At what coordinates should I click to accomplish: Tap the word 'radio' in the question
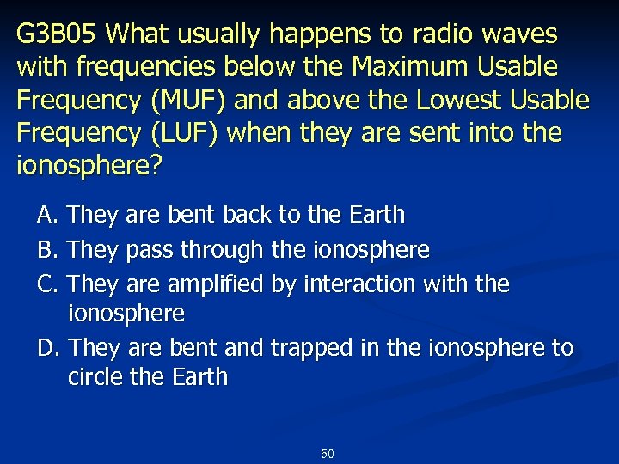click(x=465, y=34)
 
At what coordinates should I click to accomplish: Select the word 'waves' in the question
click(x=527, y=34)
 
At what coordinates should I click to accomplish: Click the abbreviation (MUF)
click(x=189, y=101)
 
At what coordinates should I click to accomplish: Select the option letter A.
click(x=46, y=213)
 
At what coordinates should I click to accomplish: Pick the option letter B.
click(x=46, y=250)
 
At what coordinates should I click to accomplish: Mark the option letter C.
click(x=46, y=283)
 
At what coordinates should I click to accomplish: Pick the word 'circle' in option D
click(x=96, y=377)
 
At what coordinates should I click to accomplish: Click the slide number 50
click(x=327, y=453)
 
